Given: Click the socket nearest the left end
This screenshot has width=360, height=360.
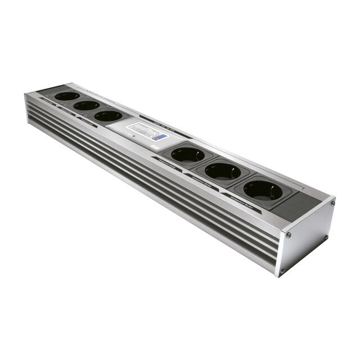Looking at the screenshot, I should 67,96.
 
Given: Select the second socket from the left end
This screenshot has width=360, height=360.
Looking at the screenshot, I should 86,105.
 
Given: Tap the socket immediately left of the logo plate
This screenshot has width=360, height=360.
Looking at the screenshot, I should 108,116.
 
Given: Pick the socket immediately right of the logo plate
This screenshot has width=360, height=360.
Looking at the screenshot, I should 187,154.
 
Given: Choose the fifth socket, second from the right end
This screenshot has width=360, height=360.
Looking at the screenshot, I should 223,171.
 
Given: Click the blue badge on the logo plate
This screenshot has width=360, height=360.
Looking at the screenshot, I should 161,137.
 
